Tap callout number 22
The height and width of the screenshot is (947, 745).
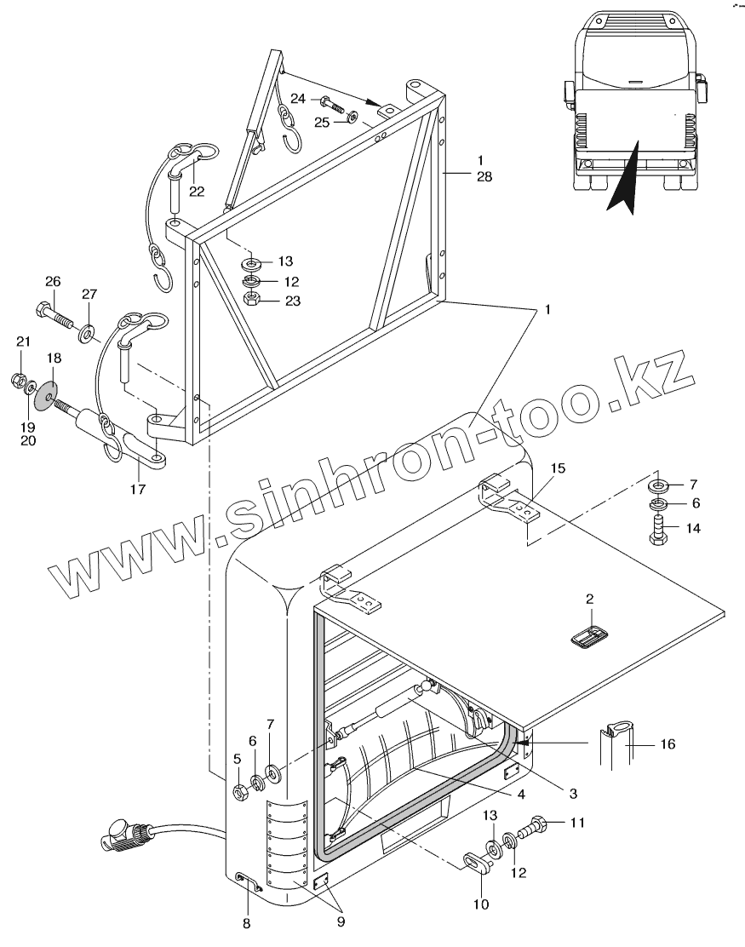197,191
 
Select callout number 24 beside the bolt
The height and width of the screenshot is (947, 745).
298,100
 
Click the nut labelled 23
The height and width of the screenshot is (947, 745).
252,299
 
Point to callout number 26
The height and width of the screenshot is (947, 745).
53,281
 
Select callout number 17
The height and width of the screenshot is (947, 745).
138,489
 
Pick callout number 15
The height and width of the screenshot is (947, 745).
558,468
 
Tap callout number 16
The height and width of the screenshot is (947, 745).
668,743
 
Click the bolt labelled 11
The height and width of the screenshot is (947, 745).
537,826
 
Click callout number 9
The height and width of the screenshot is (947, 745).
340,921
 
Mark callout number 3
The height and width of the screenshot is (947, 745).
573,793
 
